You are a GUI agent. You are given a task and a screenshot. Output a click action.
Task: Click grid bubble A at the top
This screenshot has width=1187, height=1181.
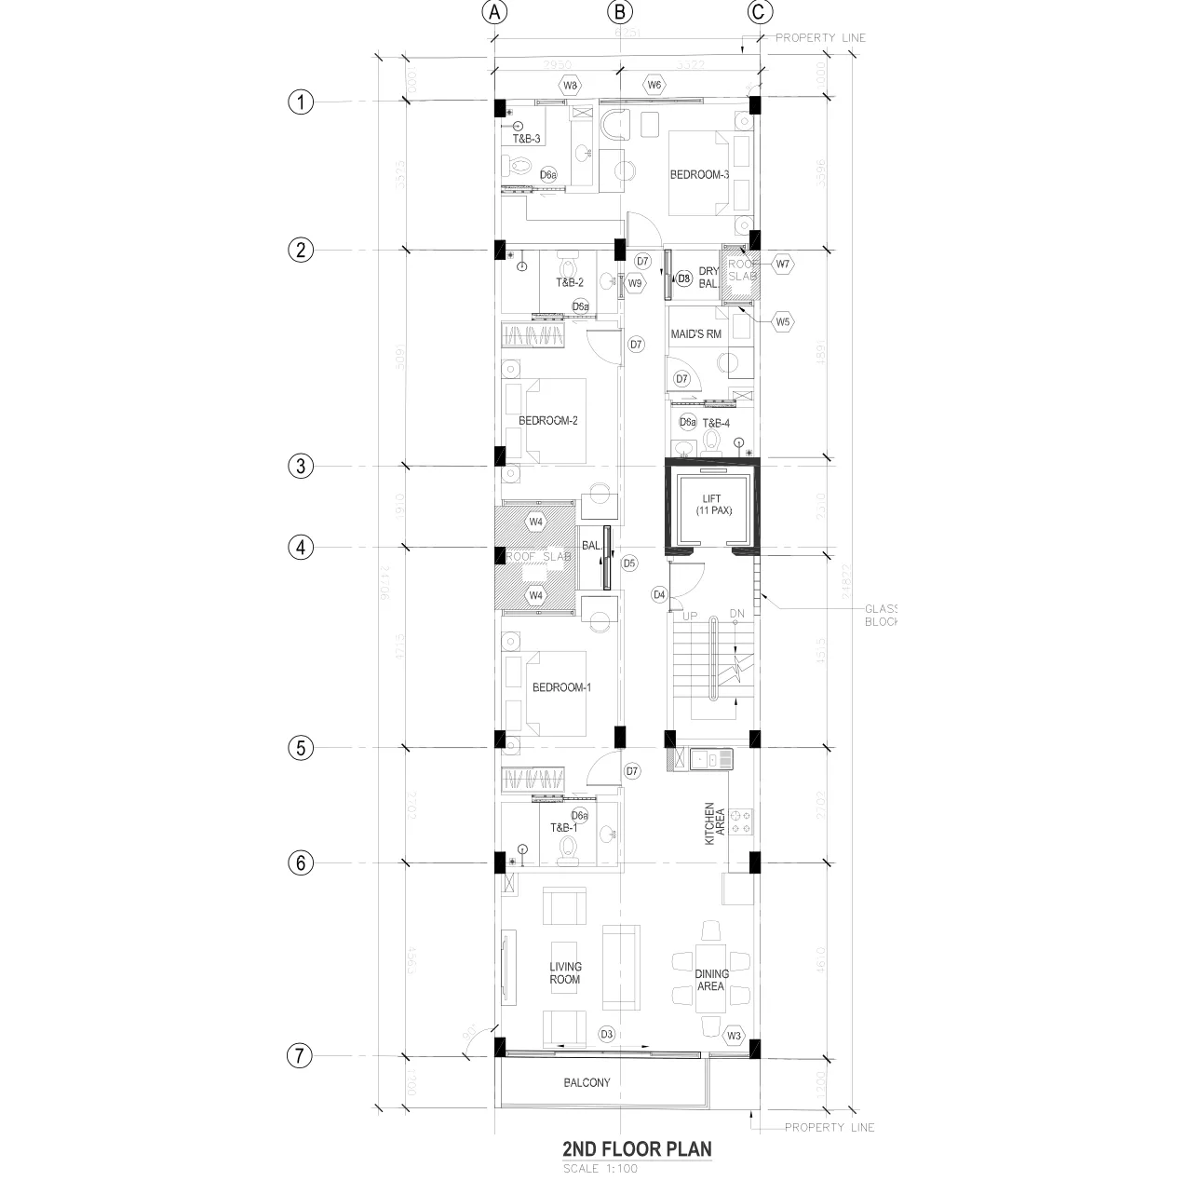point(494,12)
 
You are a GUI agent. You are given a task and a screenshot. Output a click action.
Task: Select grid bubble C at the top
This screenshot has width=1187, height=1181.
point(760,12)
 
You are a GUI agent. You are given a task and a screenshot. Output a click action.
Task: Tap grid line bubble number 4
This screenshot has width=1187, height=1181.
point(300,548)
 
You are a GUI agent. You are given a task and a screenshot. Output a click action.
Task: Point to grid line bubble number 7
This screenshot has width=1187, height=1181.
point(300,1056)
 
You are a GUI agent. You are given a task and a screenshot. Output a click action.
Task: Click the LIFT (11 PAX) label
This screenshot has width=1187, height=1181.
point(711,505)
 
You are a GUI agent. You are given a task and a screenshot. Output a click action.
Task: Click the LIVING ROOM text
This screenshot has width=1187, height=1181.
point(564,973)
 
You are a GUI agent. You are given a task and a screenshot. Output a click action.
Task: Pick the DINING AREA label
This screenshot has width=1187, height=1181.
point(711,980)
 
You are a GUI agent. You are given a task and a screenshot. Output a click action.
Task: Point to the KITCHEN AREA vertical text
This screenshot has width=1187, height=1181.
point(715,824)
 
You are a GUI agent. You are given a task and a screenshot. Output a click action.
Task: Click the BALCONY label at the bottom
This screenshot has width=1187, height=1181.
point(587,1082)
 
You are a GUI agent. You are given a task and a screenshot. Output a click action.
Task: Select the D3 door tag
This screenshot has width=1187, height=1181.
point(606,1035)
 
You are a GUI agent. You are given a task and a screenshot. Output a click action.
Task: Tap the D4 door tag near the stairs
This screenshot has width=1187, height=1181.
point(659,594)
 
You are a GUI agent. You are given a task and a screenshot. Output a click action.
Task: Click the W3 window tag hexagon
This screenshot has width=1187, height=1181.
point(735,1036)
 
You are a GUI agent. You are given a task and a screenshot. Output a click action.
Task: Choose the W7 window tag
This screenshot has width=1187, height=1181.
point(783,264)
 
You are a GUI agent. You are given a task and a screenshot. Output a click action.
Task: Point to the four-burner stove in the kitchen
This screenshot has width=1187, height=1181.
point(740,822)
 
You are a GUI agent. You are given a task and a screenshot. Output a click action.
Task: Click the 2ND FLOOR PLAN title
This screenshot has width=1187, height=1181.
point(637,1148)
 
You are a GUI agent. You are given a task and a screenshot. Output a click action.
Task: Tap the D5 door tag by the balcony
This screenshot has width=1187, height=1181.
point(629,563)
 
